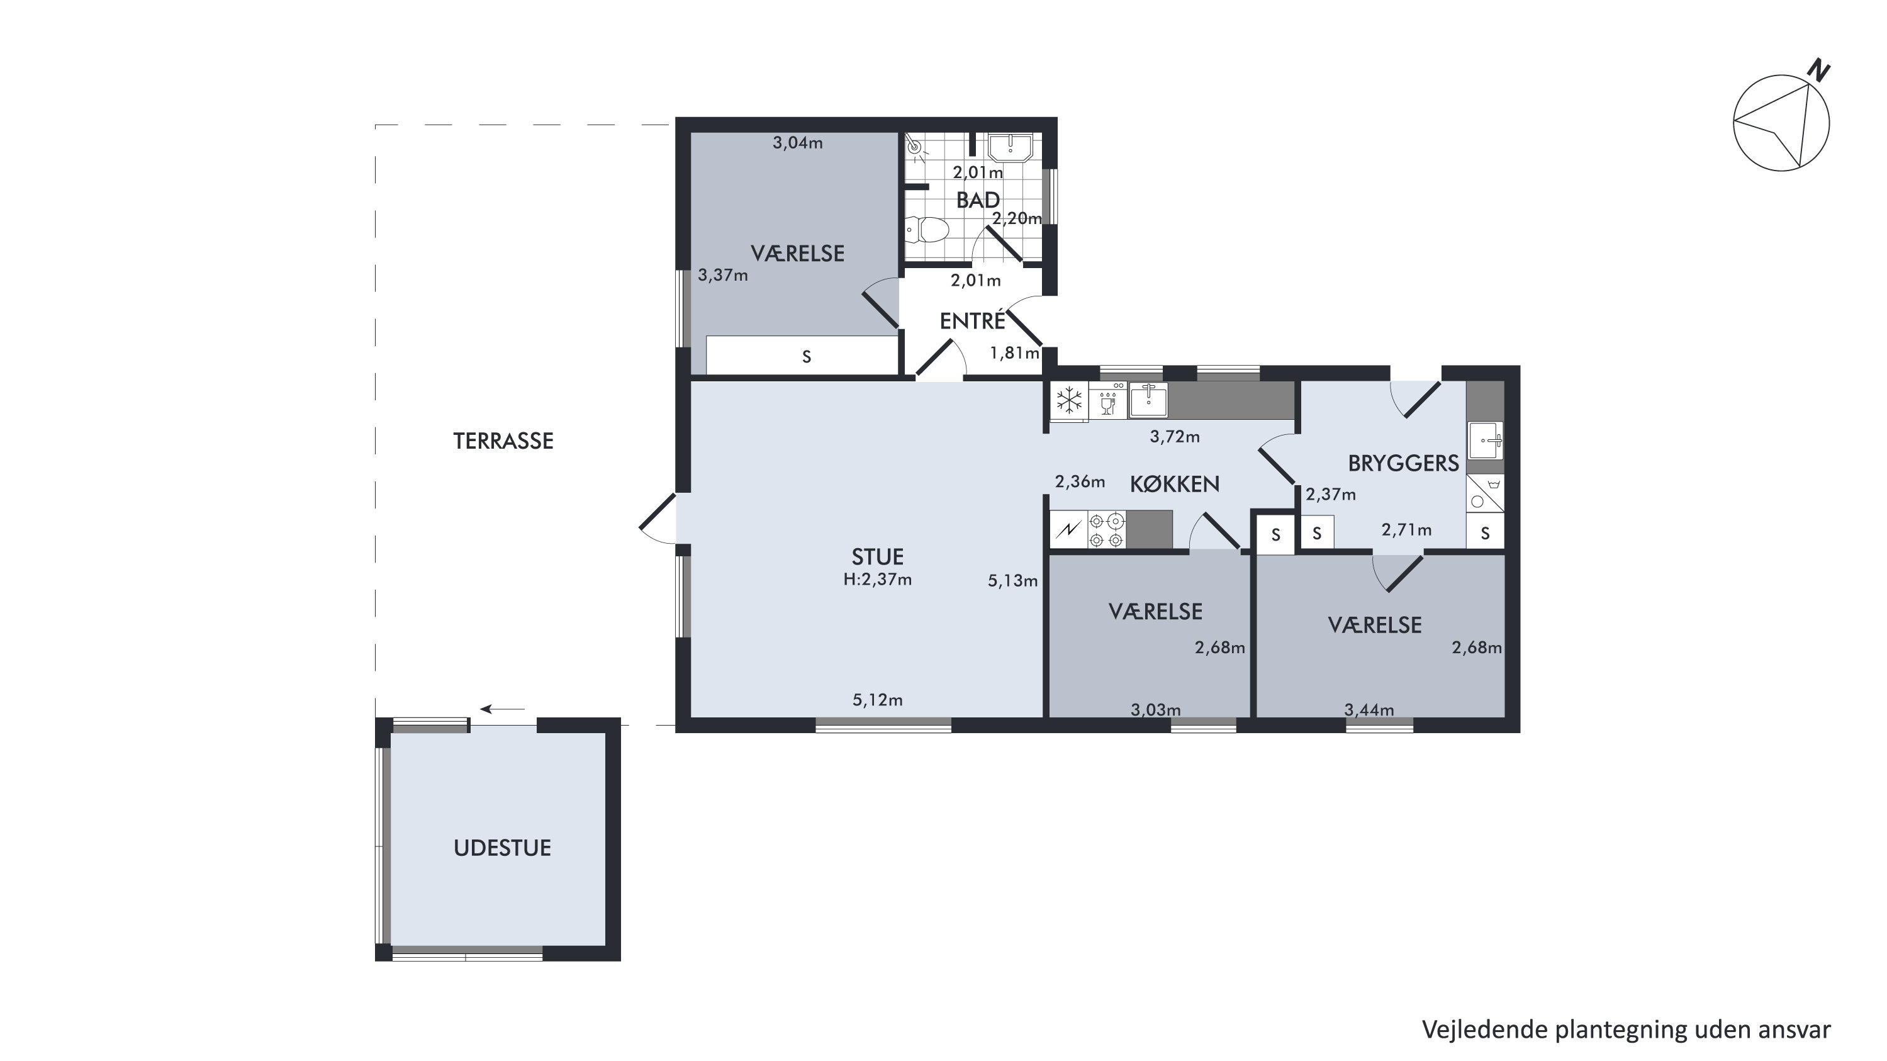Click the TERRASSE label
point(503,441)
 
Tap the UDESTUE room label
point(503,848)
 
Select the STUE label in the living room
point(878,557)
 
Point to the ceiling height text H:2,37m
point(878,580)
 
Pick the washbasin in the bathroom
point(1010,147)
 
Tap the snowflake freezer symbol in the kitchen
point(1069,401)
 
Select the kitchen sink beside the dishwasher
point(1148,400)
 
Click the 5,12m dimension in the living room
point(878,700)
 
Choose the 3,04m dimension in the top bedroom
point(798,143)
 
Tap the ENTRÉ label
point(973,321)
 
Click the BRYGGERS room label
point(1404,463)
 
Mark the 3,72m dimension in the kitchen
point(1175,437)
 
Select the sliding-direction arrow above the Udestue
point(503,709)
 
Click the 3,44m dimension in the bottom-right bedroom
point(1369,709)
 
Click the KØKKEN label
point(1175,483)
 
